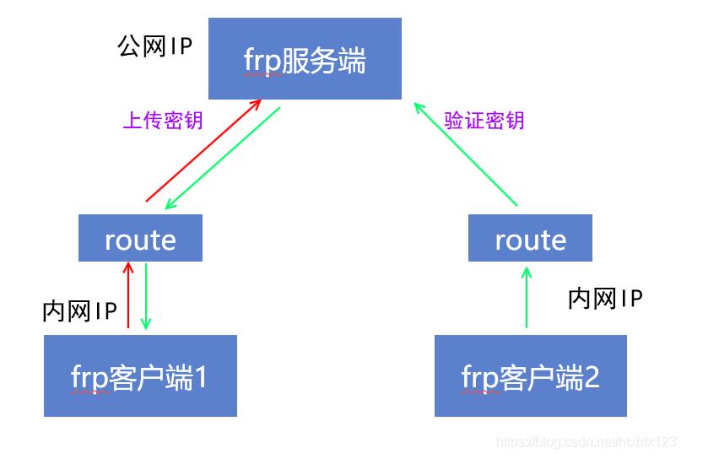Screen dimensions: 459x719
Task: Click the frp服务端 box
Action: (305, 59)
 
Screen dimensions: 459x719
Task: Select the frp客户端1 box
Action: (140, 375)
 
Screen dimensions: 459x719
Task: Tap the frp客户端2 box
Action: (530, 375)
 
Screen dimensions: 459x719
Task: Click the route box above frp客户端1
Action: (140, 238)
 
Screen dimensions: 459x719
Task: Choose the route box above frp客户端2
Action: (530, 238)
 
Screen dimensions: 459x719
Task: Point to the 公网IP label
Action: (155, 46)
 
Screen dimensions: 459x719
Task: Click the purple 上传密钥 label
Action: (163, 121)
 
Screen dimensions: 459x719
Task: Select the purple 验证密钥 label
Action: (484, 121)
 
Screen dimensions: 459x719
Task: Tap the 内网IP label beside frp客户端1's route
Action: (79, 310)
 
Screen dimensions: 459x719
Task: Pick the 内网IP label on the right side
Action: (605, 298)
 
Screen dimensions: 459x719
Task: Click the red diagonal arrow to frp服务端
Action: (203, 152)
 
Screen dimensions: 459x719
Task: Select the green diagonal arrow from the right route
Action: (466, 154)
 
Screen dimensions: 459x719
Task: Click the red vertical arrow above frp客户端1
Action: (128, 295)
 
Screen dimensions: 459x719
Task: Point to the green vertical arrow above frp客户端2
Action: (527, 297)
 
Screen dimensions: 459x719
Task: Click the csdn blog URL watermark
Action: (587, 441)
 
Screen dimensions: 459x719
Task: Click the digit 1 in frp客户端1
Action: (200, 376)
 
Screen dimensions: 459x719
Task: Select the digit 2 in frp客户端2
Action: (591, 376)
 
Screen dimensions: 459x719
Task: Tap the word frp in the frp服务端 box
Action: (262, 61)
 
